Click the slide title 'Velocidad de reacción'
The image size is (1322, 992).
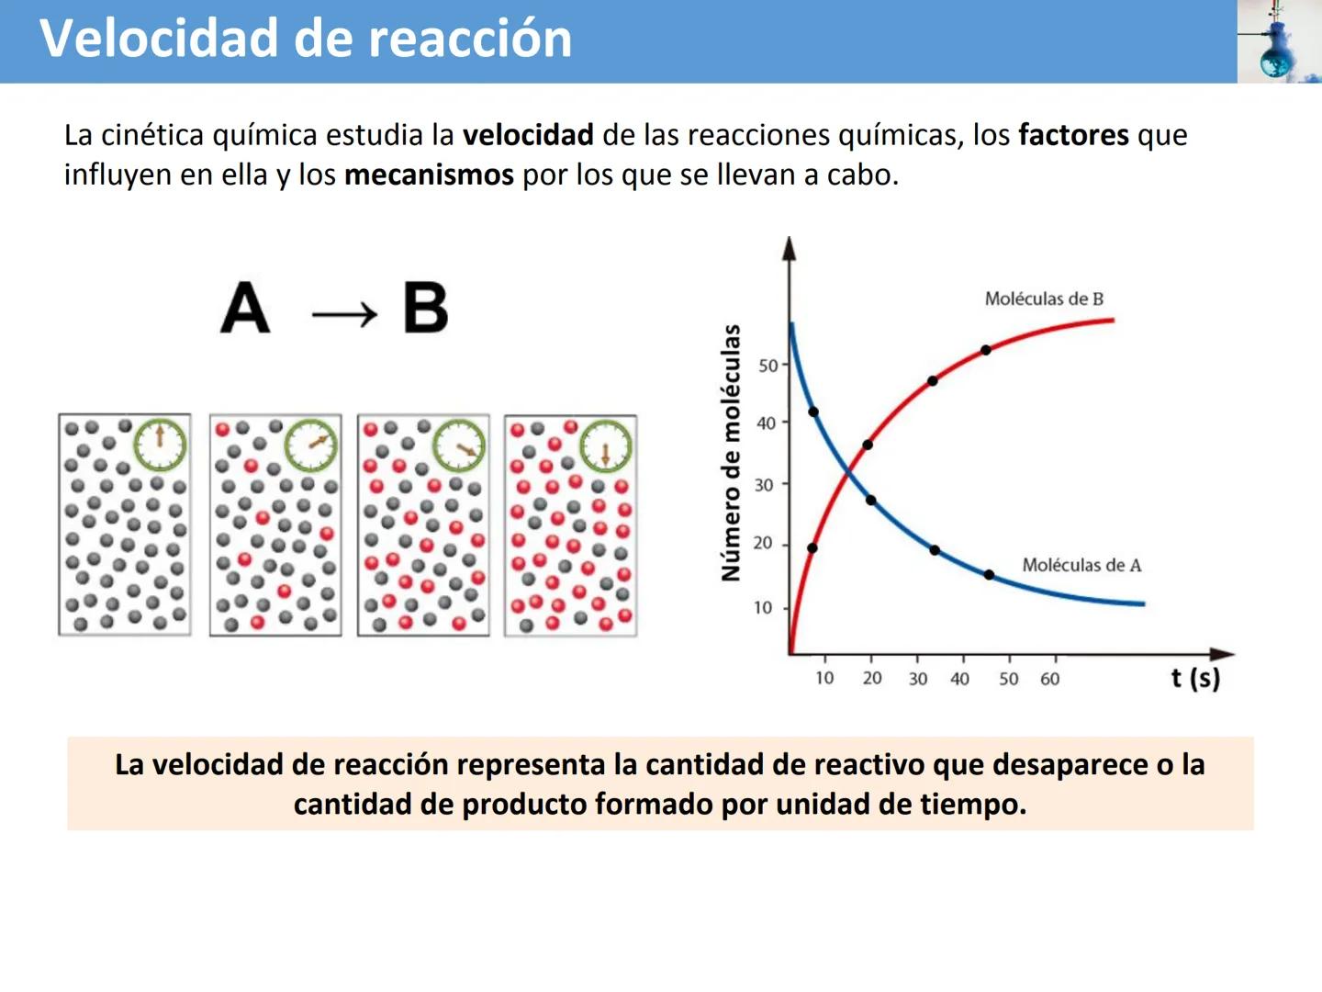tap(306, 39)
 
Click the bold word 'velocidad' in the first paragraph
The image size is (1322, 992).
tap(528, 135)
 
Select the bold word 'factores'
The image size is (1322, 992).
tap(1073, 135)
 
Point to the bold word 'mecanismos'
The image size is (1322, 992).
tap(429, 175)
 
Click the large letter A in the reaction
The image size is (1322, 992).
tap(245, 308)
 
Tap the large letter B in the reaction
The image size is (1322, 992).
tap(425, 308)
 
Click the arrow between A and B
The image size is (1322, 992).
tap(344, 315)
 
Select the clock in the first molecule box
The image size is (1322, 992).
tap(160, 445)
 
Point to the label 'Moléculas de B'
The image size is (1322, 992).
tap(1044, 299)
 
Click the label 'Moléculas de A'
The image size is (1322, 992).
tap(1081, 565)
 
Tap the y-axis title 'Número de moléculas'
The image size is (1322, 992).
tap(731, 453)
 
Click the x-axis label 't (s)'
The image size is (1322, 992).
tap(1195, 679)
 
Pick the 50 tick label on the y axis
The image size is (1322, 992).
tap(767, 366)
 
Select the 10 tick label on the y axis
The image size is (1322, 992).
tap(763, 607)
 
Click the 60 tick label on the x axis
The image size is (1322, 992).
tap(1049, 679)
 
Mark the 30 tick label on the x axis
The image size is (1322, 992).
tap(918, 679)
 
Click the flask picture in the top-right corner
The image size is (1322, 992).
tap(1279, 41)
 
